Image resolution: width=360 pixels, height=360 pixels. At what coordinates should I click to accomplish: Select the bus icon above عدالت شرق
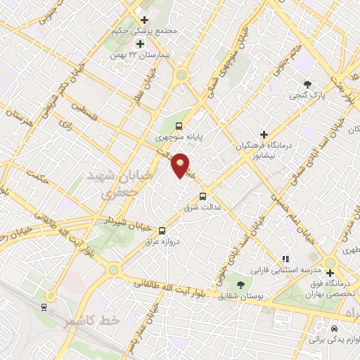pos(204,196)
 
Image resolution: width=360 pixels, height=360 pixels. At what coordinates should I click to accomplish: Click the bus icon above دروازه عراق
pos(162,230)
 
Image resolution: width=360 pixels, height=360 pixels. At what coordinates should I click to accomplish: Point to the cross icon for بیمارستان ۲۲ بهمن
pos(141,44)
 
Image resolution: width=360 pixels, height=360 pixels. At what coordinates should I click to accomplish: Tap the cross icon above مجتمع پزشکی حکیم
pos(145,20)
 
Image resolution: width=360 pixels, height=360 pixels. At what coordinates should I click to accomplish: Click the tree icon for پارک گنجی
pos(307,84)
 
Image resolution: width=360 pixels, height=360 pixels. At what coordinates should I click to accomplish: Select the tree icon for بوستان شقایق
pos(240,285)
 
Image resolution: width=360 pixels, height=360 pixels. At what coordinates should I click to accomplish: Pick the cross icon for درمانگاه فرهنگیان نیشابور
pos(264,134)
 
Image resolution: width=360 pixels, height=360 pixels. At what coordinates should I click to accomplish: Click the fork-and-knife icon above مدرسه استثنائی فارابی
pos(285,258)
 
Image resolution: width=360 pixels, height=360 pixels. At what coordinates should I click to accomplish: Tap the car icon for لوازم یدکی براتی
pos(334,328)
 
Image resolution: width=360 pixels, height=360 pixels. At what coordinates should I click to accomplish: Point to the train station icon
pos(44,307)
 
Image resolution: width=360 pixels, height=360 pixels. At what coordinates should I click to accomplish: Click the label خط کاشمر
pos(89,321)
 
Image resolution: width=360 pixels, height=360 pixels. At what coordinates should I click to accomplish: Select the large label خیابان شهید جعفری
pos(110,181)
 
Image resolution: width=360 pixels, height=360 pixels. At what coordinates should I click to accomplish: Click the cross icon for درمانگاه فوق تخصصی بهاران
pos(329,273)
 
